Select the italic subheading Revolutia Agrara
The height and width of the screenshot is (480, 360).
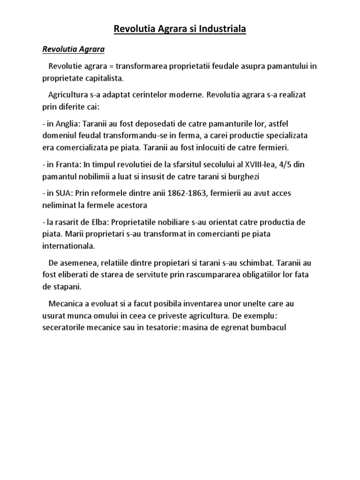point(74,49)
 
